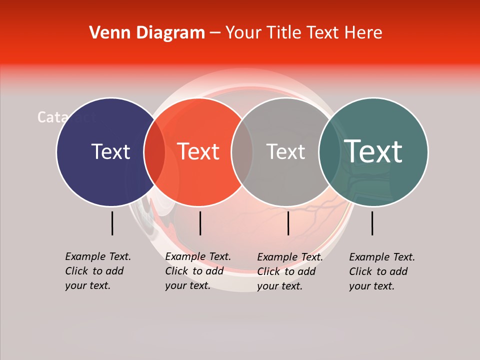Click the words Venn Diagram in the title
pos(147,33)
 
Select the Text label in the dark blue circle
pos(110,151)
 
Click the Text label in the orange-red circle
pos(198,151)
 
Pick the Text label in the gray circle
pos(285,151)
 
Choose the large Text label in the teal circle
pos(373,151)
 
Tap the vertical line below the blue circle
pos(112,223)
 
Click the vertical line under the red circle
pos(200,223)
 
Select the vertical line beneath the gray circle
pos(288,223)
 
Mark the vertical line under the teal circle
pos(372,223)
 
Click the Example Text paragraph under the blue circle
pos(98,271)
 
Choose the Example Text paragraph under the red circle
pos(198,271)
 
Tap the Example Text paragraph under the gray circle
pos(290,271)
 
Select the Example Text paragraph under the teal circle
pos(382,271)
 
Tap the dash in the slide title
pos(215,33)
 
